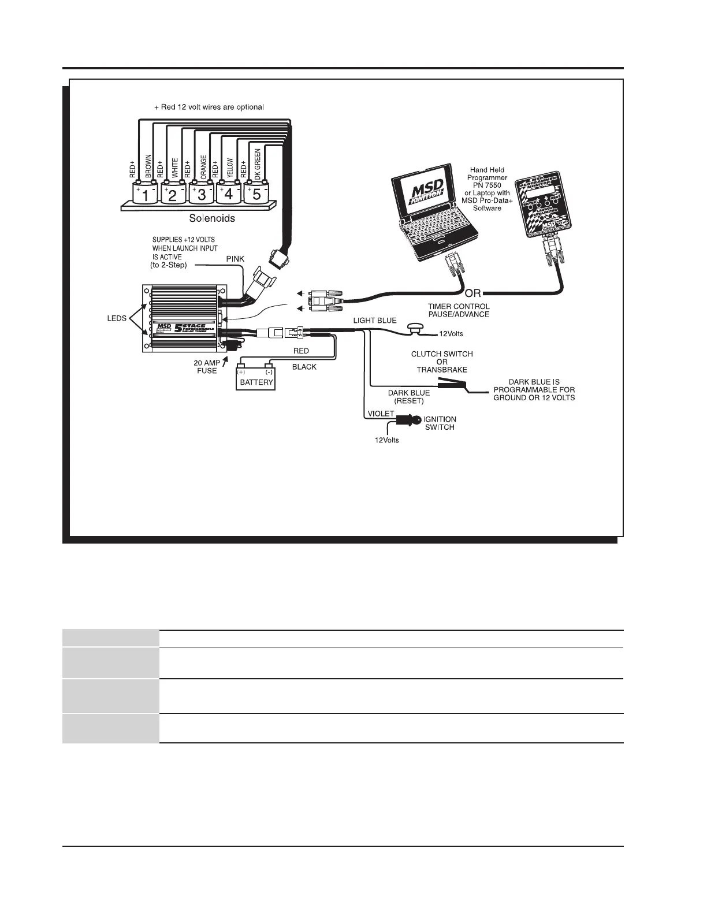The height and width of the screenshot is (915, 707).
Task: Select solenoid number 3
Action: point(202,194)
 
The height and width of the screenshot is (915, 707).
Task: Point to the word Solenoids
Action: point(213,219)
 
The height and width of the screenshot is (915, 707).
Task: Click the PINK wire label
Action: point(235,259)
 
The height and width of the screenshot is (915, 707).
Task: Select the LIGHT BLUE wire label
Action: point(375,320)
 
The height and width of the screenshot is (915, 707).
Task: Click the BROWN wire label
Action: point(148,166)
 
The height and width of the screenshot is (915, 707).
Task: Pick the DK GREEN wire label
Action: point(258,164)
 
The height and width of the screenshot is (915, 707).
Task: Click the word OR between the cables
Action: point(472,293)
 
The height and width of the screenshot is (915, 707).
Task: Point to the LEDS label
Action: point(117,318)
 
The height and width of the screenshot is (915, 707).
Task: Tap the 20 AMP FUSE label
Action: point(206,367)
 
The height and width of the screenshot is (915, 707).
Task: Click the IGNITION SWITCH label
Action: point(440,423)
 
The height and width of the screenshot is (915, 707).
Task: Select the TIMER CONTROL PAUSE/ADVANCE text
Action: point(459,310)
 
